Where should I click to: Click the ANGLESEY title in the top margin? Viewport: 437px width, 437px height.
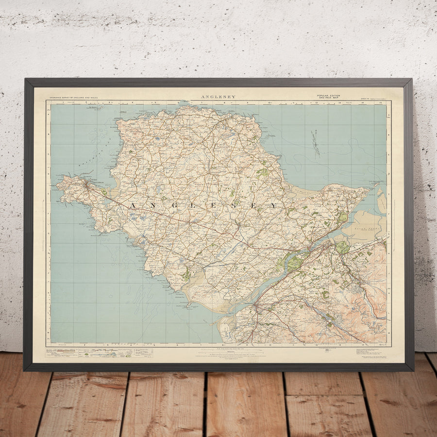click(218, 97)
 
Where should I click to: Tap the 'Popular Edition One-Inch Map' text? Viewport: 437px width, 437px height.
click(328, 97)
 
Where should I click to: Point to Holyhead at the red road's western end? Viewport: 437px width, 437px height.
click(87, 184)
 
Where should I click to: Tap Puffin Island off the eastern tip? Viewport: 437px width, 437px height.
click(377, 185)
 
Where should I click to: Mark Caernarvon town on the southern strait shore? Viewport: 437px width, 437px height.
click(257, 306)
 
